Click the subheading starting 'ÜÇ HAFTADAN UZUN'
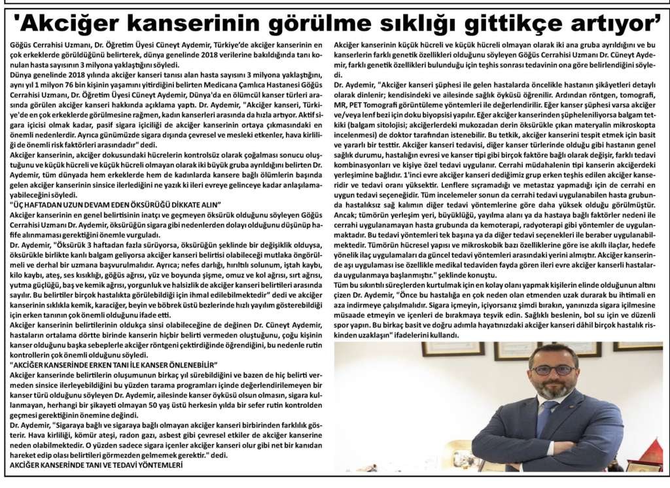click(115, 205)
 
